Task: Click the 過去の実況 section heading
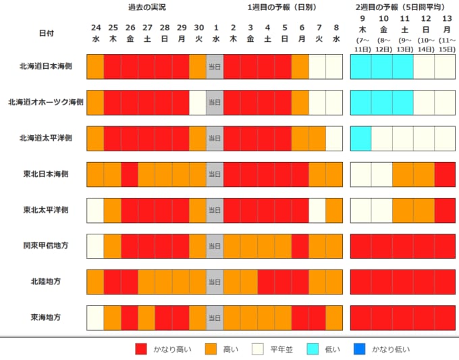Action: (146, 7)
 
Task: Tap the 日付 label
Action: (47, 32)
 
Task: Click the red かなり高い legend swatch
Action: (141, 349)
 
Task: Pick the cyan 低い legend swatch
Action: (311, 349)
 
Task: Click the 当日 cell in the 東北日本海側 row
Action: (215, 174)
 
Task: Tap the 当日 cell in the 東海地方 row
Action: (215, 317)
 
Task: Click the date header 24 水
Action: (95, 32)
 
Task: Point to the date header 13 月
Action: (446, 32)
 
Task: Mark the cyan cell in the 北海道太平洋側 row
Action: (360, 138)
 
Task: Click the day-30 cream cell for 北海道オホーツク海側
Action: (198, 102)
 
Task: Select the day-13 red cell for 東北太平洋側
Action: (446, 209)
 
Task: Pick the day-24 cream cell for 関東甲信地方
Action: (95, 245)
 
